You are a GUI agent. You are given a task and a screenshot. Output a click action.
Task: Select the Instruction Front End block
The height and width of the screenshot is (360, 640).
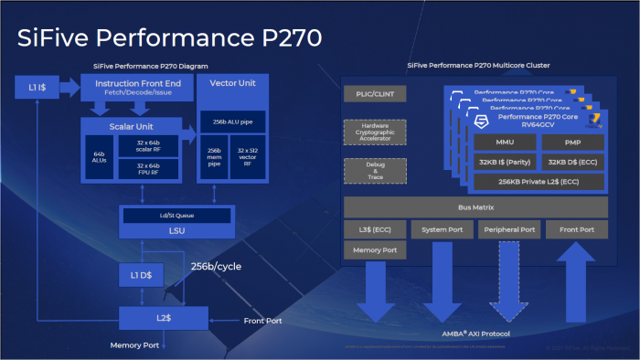(x=136, y=88)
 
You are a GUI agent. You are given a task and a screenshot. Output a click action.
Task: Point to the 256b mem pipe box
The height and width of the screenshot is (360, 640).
(x=216, y=157)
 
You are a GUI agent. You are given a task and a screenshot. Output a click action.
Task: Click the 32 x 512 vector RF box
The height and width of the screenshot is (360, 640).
(x=249, y=157)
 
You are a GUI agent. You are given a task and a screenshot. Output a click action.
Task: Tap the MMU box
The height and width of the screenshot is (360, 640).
(x=505, y=143)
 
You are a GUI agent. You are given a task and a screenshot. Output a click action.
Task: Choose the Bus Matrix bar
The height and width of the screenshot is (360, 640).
(x=475, y=207)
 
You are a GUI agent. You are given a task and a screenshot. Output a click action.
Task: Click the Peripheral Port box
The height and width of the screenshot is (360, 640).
(x=509, y=229)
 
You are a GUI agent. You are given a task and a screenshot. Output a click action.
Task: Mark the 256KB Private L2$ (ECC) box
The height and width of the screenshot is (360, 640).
(x=539, y=182)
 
